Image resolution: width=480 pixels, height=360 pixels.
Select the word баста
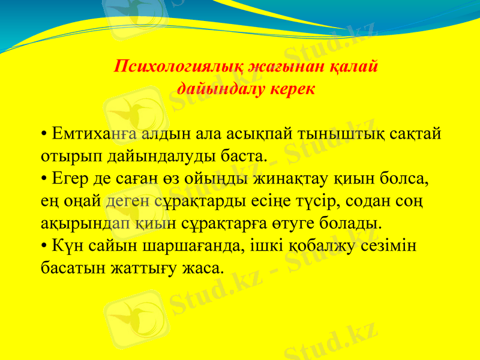point(242,156)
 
